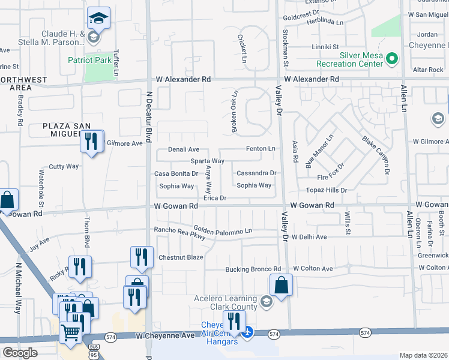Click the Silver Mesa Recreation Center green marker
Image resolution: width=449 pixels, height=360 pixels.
(392, 58)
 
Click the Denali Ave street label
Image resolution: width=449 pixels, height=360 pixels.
(184, 149)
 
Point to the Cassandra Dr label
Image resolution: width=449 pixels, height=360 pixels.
(256, 173)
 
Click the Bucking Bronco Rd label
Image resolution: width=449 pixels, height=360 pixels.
(253, 269)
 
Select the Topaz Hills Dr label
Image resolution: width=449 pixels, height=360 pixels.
(327, 190)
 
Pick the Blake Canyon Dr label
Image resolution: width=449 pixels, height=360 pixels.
(376, 155)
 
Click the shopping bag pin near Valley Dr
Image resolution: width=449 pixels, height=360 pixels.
(281, 285)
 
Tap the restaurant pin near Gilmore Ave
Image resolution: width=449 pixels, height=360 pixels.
(91, 142)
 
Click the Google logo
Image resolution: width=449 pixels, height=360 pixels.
(20, 353)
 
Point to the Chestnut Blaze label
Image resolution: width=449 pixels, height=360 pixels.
(181, 257)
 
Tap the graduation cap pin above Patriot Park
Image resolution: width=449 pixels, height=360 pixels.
(98, 18)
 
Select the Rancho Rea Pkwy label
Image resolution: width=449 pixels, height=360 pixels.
(179, 233)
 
